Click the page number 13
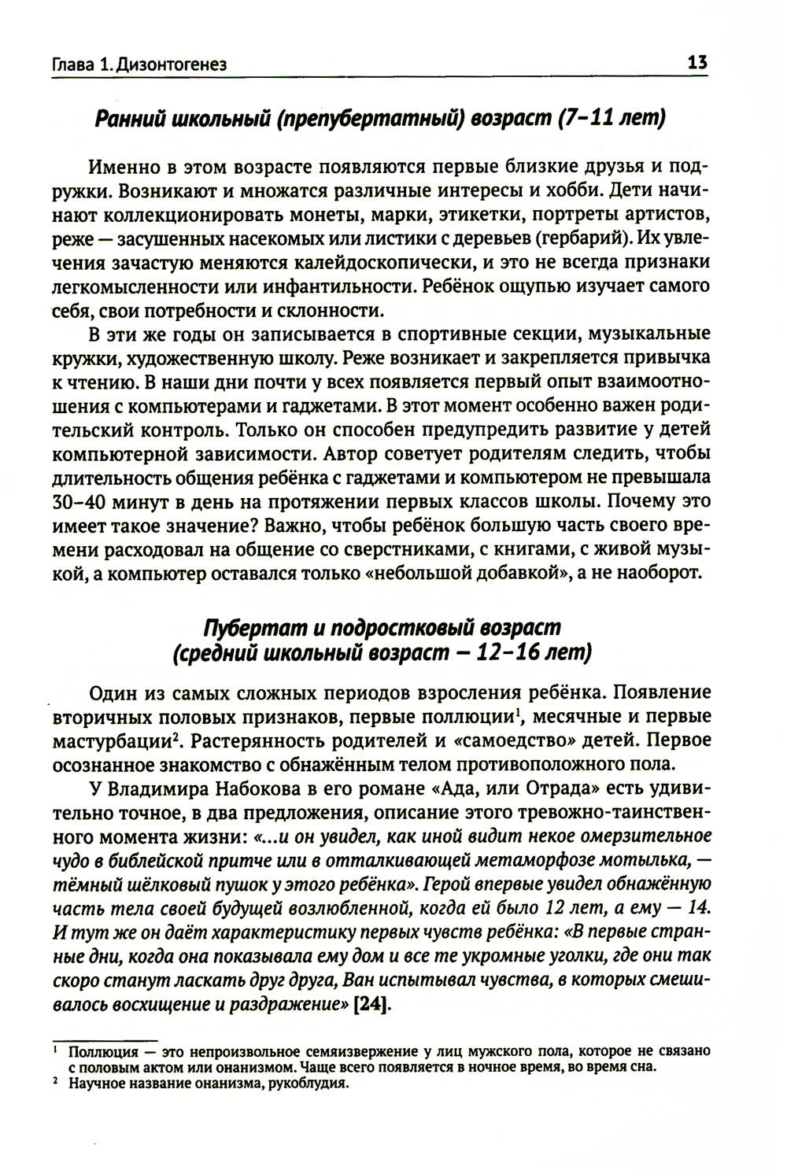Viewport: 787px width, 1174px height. click(697, 63)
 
